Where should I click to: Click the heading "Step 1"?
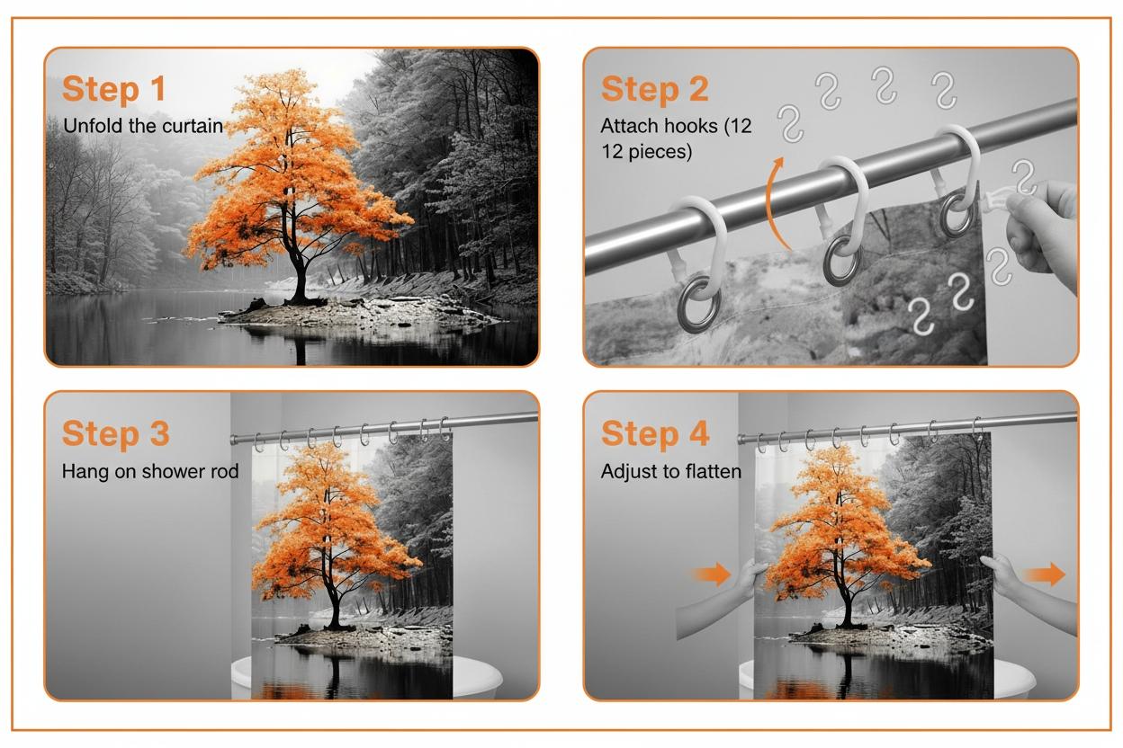click(x=113, y=89)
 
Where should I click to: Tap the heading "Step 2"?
click(x=655, y=89)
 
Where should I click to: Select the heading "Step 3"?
click(x=116, y=433)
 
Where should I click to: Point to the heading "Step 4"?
click(x=655, y=433)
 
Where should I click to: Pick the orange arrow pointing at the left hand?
click(x=711, y=574)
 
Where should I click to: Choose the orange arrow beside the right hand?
click(x=1045, y=574)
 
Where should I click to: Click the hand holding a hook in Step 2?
click(x=1040, y=230)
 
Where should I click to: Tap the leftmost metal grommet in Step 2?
click(x=699, y=303)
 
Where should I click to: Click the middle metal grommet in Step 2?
click(x=841, y=260)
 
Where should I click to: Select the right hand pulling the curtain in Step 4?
click(x=998, y=571)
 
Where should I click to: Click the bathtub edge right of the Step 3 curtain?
click(x=476, y=674)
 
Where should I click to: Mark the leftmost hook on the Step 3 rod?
click(x=258, y=443)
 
